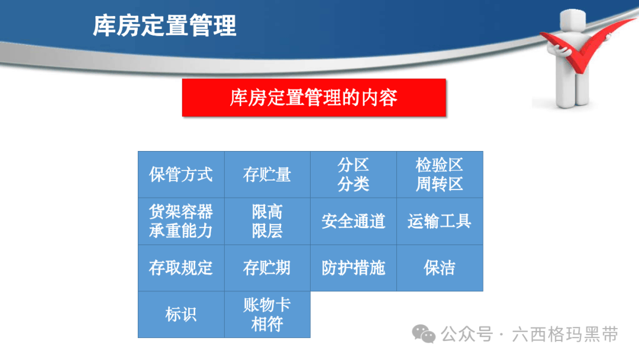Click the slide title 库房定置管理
point(164,25)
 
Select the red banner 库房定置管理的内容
point(314,98)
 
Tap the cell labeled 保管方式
point(182,175)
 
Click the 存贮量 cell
point(267,175)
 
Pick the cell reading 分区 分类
point(354,175)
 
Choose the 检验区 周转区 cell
point(440,175)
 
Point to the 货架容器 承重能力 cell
point(182,221)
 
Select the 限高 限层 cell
point(267,221)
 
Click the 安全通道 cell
point(354,221)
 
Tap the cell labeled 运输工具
point(440,221)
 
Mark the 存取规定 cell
point(182,268)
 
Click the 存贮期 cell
point(267,268)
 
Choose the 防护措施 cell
point(354,268)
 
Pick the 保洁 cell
point(440,268)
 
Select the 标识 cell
point(182,314)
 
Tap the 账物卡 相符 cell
point(267,314)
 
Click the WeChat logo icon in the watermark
point(424,334)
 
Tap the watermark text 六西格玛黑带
point(565,335)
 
